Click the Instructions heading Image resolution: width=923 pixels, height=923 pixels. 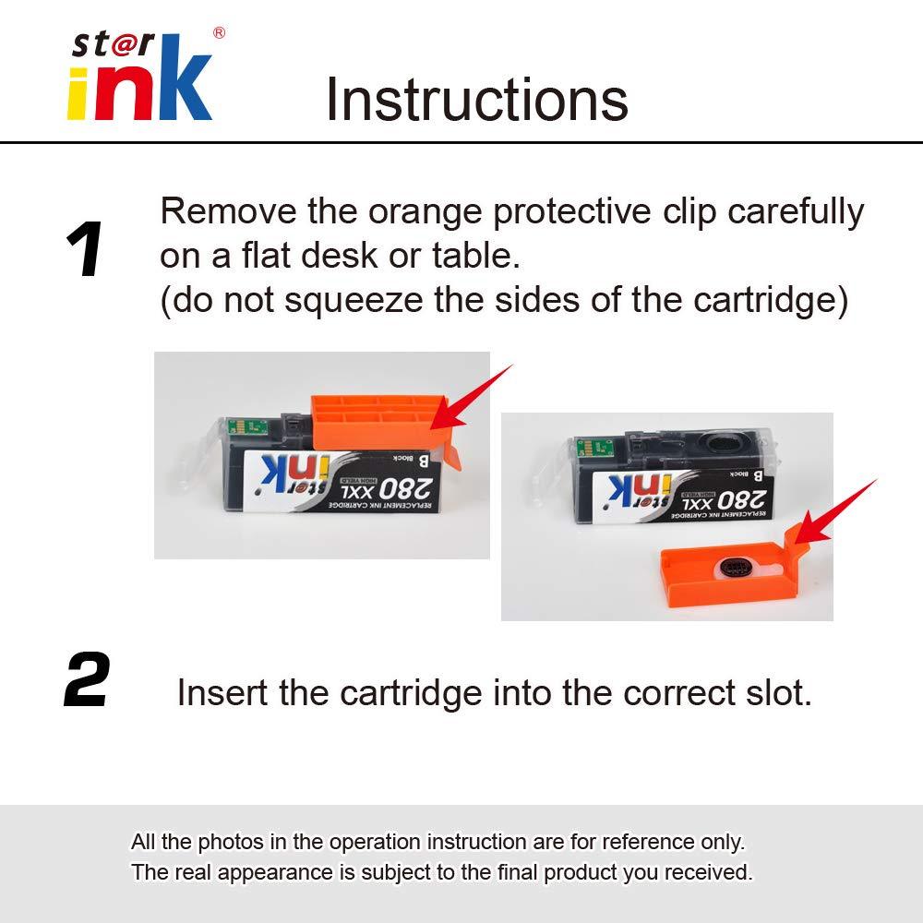(476, 100)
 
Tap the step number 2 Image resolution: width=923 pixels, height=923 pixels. (87, 681)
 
